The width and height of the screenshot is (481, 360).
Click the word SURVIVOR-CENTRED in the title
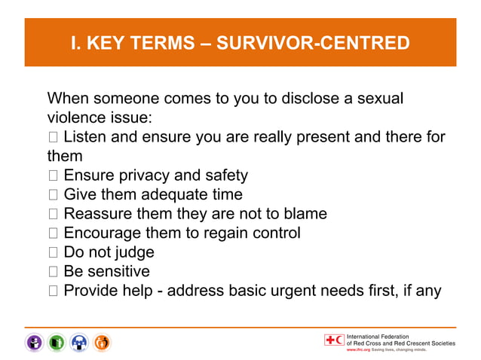313,43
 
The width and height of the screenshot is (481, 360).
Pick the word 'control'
274,233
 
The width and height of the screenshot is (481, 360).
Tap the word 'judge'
133,253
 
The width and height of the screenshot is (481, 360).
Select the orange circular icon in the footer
102,343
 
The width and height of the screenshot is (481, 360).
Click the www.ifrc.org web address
357,350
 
